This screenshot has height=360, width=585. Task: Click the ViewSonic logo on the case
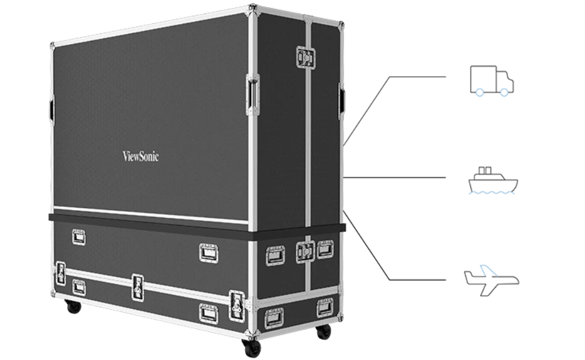tap(140, 156)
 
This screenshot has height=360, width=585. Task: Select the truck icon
tap(492, 81)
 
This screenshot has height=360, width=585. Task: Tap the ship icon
tap(493, 181)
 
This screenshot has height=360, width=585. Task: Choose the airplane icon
tap(491, 280)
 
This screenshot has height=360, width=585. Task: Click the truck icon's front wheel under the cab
tap(504, 92)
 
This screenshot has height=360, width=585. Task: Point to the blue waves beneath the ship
tap(492, 193)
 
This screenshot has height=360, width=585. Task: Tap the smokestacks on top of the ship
tap(485, 170)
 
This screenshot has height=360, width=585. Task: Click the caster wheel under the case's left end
tap(74, 307)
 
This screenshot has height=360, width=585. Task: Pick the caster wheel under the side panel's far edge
tap(324, 332)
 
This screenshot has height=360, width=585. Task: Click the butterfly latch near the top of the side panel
tap(305, 57)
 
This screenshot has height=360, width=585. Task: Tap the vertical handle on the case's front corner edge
tap(253, 94)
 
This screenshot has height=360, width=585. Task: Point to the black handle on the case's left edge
tap(52, 108)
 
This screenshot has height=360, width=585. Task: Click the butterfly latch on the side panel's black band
tap(305, 252)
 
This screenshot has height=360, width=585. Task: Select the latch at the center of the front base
tap(137, 287)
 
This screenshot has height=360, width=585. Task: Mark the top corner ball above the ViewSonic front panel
tap(253, 8)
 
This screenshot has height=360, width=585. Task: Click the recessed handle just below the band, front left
tap(78, 237)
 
